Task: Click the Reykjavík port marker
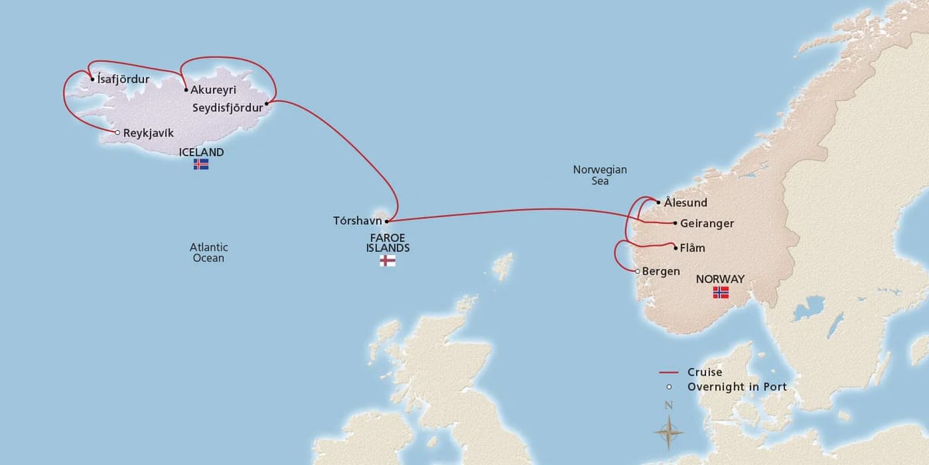pos(117,133)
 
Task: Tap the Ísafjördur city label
pos(124,79)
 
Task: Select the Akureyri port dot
pos(186,90)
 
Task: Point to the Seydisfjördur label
pos(228,108)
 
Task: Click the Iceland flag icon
pos(201,164)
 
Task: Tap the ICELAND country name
pos(201,152)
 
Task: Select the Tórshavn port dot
pos(387,221)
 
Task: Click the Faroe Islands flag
pos(388,261)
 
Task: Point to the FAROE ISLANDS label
pos(388,243)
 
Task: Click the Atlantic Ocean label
pos(208,253)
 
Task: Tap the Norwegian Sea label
pos(600,175)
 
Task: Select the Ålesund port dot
pos(659,203)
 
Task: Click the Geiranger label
pos(707,224)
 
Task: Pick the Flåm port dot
pos(675,248)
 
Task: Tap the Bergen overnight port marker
pos(637,271)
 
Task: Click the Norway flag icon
pos(721,292)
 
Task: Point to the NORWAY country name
pos(720,279)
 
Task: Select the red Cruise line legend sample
pos(669,373)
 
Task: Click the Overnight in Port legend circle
pos(669,387)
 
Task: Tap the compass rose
pos(669,429)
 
